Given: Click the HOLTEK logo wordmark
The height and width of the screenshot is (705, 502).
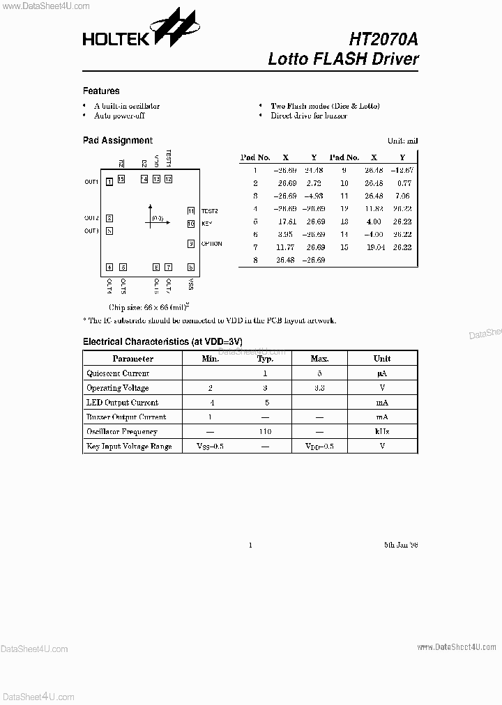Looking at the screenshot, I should [x=116, y=39].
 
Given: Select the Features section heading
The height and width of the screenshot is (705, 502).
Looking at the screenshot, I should [x=101, y=91].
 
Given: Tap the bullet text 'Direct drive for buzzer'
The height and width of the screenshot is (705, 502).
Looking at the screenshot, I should [x=309, y=116].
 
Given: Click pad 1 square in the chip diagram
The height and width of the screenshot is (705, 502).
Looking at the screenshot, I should [x=109, y=182].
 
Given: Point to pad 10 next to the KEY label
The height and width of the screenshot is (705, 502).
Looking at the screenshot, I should [x=190, y=224].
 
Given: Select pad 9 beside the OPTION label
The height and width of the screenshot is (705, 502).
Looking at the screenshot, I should [x=190, y=244].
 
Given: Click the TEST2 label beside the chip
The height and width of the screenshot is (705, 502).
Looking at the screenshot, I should [x=210, y=210].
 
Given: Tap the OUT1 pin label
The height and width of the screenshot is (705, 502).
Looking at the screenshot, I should [x=91, y=182].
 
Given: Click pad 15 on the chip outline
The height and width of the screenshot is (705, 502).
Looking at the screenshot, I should [x=121, y=179].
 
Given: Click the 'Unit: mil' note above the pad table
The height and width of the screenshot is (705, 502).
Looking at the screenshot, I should [x=402, y=141].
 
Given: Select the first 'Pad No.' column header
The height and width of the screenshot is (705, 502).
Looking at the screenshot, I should [x=254, y=157].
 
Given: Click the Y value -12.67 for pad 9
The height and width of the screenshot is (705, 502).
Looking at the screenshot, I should [x=402, y=170].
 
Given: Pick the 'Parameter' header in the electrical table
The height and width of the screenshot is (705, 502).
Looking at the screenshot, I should [x=132, y=358].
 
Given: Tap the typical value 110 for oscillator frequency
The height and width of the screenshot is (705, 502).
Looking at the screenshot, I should [x=264, y=431].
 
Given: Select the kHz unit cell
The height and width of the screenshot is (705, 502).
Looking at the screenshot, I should [x=381, y=431].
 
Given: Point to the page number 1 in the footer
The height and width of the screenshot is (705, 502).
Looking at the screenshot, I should [x=250, y=545].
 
